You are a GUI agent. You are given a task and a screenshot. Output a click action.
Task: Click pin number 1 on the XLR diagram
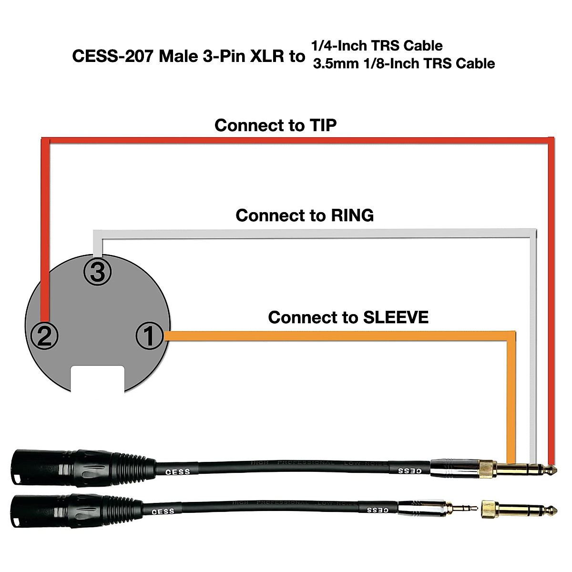149,336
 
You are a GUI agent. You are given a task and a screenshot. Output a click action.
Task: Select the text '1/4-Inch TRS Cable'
377,46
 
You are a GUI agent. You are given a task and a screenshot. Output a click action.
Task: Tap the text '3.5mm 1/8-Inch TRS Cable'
403,63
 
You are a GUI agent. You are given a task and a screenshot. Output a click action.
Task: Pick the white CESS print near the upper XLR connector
177,472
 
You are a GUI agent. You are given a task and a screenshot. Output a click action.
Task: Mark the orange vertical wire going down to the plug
511,396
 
